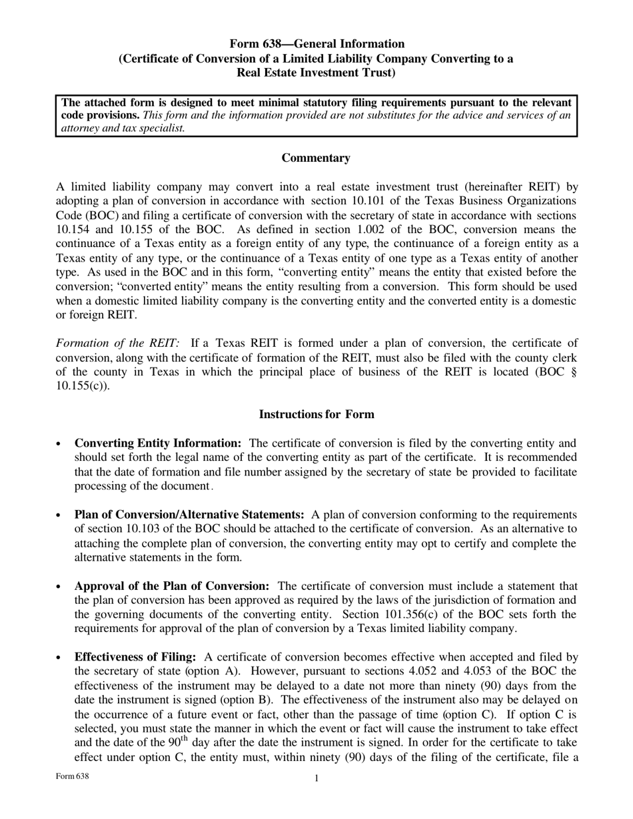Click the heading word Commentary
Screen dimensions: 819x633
pos(316,158)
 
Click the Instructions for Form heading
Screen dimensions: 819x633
pos(316,414)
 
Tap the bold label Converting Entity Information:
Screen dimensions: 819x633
pos(158,443)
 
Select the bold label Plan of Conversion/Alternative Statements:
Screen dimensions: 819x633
pos(189,515)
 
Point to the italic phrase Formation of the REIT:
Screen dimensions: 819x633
pos(118,344)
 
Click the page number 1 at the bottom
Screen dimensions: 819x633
pos(316,778)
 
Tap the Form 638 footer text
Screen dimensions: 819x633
pos(72,776)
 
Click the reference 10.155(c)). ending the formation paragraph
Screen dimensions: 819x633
pos(83,386)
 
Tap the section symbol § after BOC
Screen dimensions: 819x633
pos(574,372)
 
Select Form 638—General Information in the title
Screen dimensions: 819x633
pos(316,44)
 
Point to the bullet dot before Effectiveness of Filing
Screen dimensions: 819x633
pos(59,658)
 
